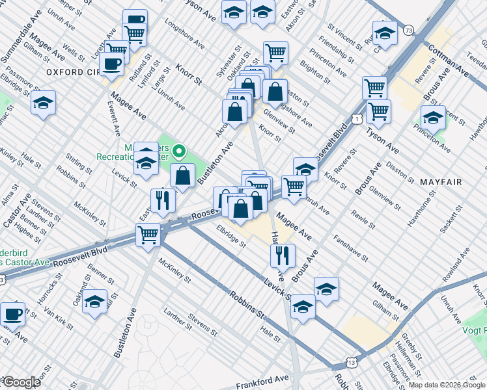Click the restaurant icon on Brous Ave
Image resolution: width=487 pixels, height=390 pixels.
tap(283, 255)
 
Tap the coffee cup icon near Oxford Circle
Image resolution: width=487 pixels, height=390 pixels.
tap(111, 64)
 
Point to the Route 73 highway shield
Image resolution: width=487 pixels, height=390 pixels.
tap(408, 30)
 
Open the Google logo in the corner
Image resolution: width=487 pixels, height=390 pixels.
tap(21, 382)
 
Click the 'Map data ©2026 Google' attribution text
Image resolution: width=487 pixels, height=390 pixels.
tap(447, 385)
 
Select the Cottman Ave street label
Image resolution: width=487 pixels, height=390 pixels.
tap(448, 59)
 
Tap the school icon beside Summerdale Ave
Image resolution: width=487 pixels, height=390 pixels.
tap(43, 103)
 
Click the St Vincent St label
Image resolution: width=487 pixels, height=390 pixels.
tap(345, 38)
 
